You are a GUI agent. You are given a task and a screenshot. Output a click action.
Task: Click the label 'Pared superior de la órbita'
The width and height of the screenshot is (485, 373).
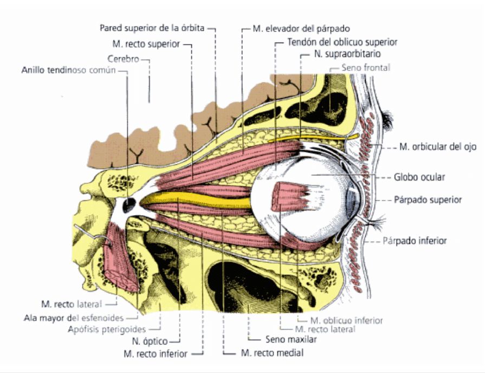153,27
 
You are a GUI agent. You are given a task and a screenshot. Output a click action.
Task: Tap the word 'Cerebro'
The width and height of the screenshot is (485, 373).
124,58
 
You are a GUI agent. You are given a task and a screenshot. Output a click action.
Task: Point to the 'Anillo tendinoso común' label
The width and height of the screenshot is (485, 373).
69,71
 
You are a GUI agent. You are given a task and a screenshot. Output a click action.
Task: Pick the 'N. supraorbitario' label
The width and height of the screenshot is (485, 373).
347,55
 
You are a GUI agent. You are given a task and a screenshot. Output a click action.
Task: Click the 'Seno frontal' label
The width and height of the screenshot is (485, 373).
366,68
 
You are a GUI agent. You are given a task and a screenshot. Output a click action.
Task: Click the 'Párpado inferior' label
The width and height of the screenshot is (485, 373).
416,241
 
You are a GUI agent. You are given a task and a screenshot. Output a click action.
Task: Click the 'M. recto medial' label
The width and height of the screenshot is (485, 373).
271,353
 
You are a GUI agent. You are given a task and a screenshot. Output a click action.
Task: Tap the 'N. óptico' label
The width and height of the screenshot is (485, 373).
150,342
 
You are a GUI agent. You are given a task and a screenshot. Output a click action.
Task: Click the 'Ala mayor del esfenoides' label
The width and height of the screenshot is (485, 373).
77,318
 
